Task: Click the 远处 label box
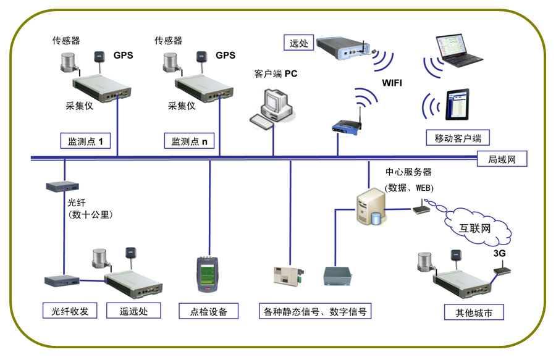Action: tap(298, 43)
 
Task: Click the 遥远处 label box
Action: tap(135, 310)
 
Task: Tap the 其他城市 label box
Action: tap(474, 311)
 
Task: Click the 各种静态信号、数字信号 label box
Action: tap(315, 311)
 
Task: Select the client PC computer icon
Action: tap(272, 108)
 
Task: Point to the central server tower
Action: tap(369, 209)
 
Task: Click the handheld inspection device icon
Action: tap(206, 274)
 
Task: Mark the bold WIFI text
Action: tap(392, 82)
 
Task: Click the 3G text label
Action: tap(499, 253)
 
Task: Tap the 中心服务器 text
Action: tap(408, 172)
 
